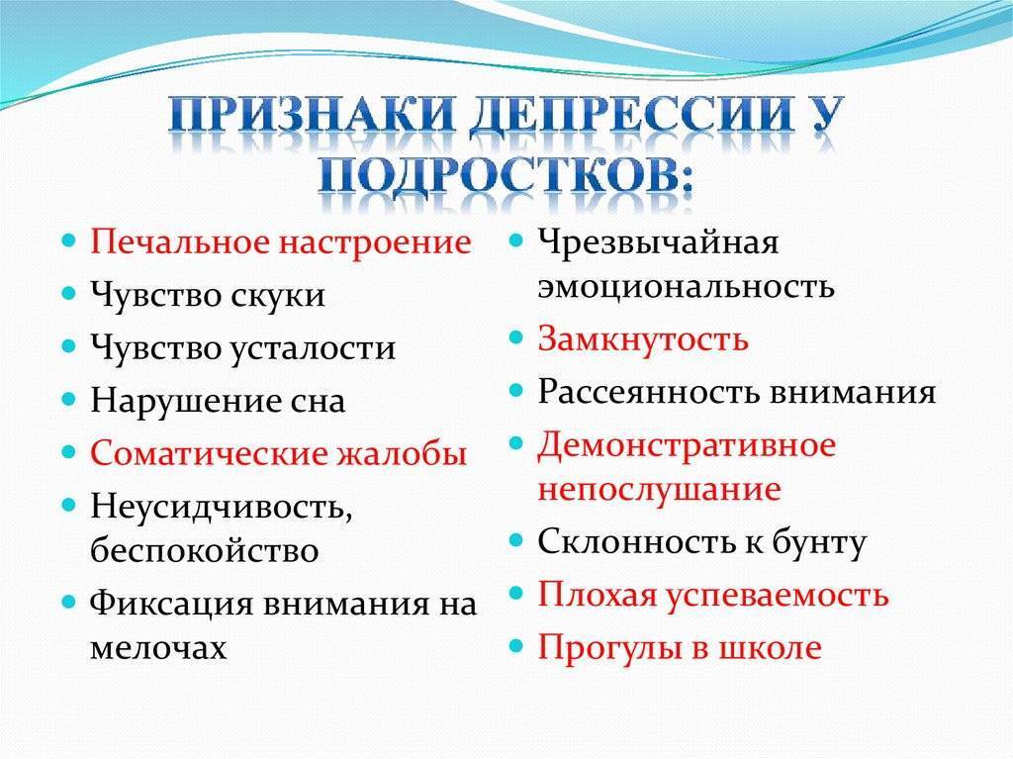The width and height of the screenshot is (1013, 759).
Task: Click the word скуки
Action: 278,295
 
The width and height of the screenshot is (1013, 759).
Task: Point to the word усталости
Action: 313,347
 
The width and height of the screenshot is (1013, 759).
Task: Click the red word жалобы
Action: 402,453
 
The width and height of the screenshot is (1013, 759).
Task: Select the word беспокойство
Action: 204,550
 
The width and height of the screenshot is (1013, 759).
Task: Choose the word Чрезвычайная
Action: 658,243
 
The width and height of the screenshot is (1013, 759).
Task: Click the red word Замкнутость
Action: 643,338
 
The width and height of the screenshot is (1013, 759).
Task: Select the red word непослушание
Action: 660,490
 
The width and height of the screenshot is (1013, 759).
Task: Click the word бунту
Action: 819,542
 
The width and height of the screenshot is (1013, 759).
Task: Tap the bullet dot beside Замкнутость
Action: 514,336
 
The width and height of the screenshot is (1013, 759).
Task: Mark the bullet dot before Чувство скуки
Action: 68,293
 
